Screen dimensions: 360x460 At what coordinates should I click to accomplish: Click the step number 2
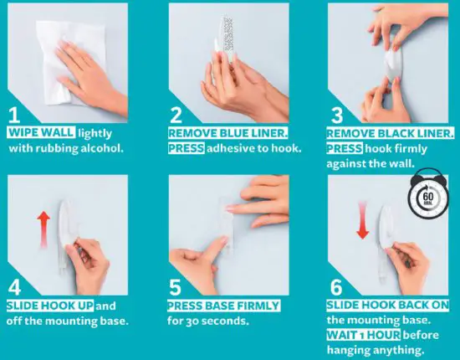tap(176, 115)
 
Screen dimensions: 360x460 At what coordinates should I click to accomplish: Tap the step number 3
tap(335, 115)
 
